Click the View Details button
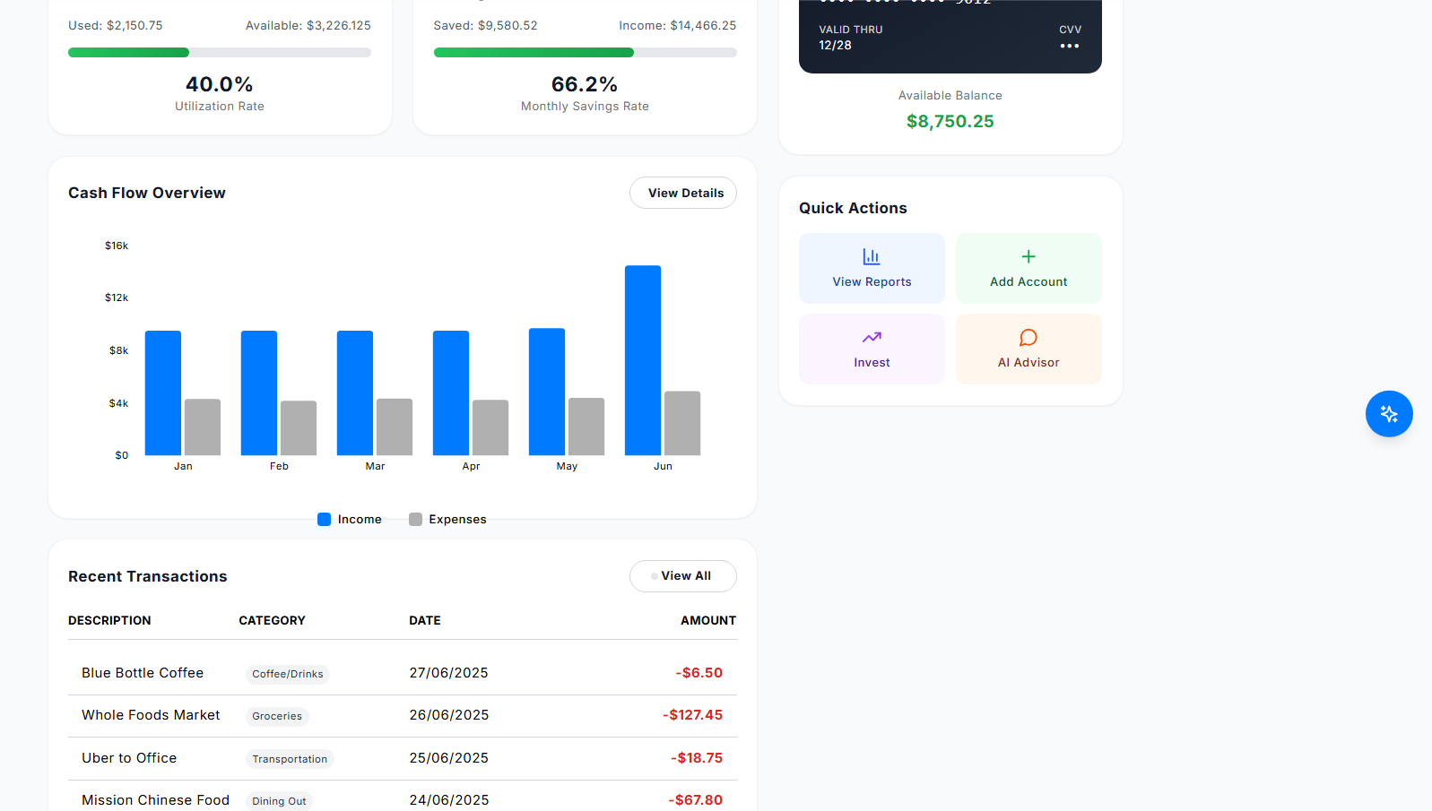click(x=682, y=193)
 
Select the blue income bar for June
click(x=642, y=360)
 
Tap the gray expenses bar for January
click(x=203, y=427)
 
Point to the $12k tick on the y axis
click(x=117, y=298)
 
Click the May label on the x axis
click(x=567, y=466)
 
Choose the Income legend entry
click(x=350, y=520)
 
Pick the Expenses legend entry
click(x=447, y=520)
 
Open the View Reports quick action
click(x=872, y=268)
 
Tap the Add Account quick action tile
click(x=1028, y=268)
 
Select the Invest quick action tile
click(x=872, y=349)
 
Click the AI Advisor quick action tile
click(x=1028, y=349)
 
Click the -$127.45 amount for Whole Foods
click(x=692, y=715)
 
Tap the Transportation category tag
click(x=290, y=759)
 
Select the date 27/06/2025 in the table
click(x=448, y=673)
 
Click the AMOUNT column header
click(x=707, y=620)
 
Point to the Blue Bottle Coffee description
click(x=143, y=673)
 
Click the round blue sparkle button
click(x=1389, y=414)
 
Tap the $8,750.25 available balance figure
click(x=950, y=122)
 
